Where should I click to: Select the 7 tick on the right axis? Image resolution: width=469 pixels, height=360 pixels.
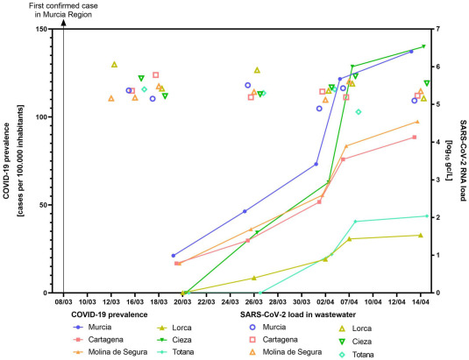pyautogui.click(x=436, y=29)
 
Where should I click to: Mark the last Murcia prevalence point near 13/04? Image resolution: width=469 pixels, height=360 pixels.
pyautogui.click(x=411, y=52)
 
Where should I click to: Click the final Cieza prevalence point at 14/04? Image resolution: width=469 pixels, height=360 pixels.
pyautogui.click(x=423, y=46)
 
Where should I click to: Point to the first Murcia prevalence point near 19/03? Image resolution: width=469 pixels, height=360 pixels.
pyautogui.click(x=174, y=256)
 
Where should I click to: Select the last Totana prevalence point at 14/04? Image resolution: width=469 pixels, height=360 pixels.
pyautogui.click(x=426, y=215)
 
